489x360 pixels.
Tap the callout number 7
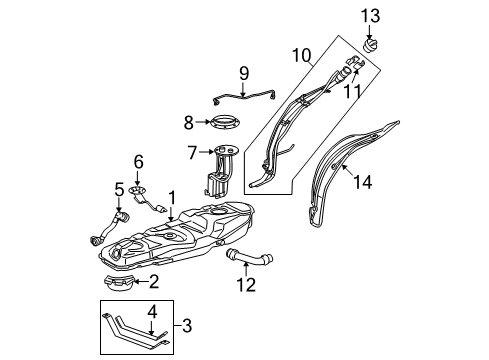[x=190, y=152]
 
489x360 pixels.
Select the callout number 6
[x=139, y=159]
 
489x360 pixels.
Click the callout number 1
[x=171, y=198]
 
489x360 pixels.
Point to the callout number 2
[x=153, y=281]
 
